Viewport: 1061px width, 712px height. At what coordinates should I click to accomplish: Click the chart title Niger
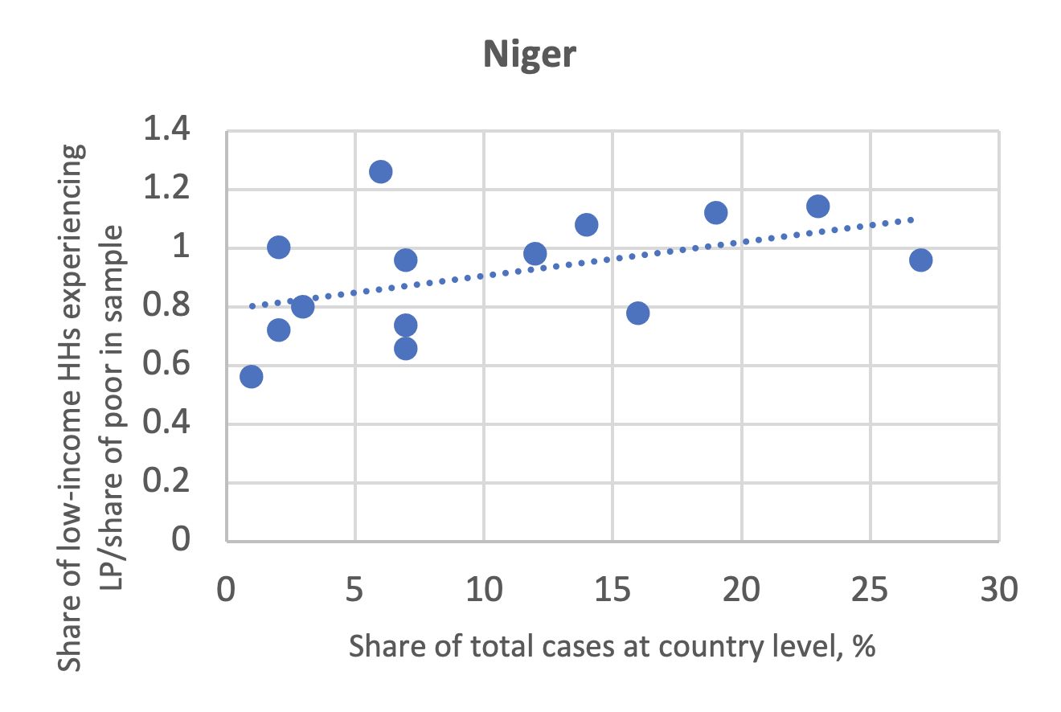coord(530,55)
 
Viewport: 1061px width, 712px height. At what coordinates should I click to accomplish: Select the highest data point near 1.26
coord(380,172)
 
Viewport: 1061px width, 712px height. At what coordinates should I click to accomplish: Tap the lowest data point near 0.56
coord(252,376)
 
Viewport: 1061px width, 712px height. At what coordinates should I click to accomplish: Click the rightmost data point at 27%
coord(920,260)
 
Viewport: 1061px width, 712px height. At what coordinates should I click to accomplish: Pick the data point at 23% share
coord(817,207)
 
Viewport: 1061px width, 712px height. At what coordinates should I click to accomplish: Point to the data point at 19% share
coord(715,212)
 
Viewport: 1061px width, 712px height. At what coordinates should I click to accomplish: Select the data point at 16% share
coord(637,313)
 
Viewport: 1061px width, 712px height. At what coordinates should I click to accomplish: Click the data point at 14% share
coord(586,224)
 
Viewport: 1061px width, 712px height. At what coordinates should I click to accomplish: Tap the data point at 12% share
coord(535,254)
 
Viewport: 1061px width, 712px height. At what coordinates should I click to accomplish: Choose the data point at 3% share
coord(303,306)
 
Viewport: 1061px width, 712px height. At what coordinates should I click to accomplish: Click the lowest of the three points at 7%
coord(406,348)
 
